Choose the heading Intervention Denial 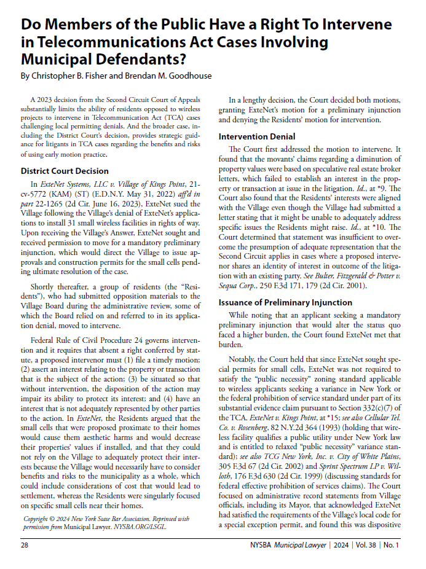pos(257,136)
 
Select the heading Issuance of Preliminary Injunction pos(285,302)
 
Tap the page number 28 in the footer pos(25,544)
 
